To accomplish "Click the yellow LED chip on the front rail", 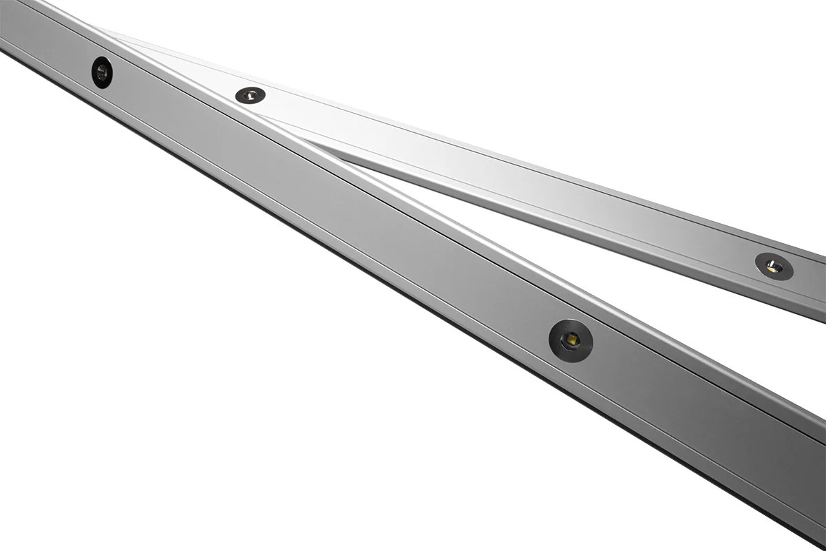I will pos(571,340).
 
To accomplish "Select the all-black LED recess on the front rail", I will pos(102,72).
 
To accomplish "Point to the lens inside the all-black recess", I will pos(102,72).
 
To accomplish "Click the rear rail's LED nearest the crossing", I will pos(250,95).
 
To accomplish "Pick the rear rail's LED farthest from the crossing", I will pos(774,267).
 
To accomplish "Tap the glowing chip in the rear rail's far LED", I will pos(772,267).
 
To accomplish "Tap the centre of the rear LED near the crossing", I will pos(250,95).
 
